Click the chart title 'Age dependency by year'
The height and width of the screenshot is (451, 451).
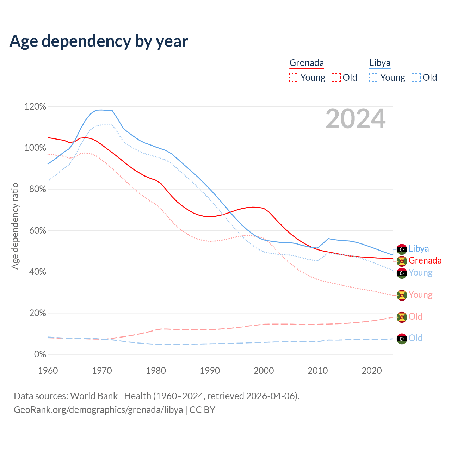(x=99, y=41)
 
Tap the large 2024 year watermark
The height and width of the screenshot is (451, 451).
(x=355, y=119)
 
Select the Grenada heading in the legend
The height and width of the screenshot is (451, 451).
(x=307, y=63)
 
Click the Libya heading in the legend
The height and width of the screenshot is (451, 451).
(x=380, y=63)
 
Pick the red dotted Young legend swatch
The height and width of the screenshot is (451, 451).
(x=294, y=78)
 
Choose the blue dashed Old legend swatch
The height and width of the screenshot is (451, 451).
(x=416, y=78)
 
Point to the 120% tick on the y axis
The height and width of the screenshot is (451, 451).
(x=35, y=106)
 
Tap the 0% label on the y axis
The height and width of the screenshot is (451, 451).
(x=40, y=354)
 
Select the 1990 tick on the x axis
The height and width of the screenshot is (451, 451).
(x=210, y=371)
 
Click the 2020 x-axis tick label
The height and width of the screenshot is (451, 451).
(x=372, y=371)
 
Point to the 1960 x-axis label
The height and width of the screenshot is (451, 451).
(x=48, y=371)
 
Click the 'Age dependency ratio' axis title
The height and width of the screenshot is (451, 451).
(x=15, y=226)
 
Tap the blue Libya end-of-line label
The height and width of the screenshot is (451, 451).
(x=419, y=248)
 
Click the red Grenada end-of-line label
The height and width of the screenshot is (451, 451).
(x=425, y=260)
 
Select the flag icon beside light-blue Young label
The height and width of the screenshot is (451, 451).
(x=402, y=273)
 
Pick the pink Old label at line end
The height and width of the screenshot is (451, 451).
(x=415, y=316)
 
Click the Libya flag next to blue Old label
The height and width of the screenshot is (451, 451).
(x=402, y=339)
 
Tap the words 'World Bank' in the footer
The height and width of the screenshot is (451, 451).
(x=94, y=396)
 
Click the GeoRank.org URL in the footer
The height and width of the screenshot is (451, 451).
(x=98, y=410)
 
